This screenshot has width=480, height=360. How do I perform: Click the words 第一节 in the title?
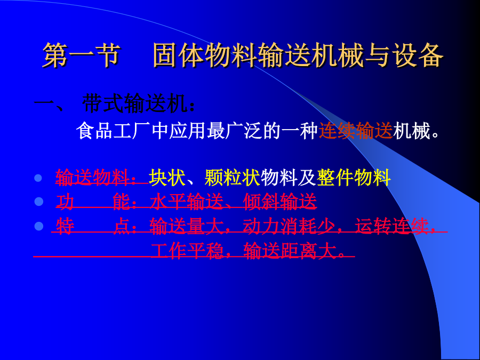point(81,55)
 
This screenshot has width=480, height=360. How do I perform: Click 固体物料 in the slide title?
point(204,55)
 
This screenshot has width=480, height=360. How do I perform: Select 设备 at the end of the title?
point(417,55)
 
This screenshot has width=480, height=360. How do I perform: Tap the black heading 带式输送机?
point(135,104)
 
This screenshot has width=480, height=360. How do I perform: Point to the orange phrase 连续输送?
point(356,131)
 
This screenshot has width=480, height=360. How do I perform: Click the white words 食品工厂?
point(113,131)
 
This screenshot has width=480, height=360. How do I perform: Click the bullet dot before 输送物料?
point(38,178)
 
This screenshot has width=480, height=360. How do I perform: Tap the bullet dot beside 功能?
point(38,202)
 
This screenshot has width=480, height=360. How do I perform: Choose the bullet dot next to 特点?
point(38,226)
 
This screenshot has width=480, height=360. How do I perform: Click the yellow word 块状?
point(167,178)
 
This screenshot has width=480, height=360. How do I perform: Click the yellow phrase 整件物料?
point(354,178)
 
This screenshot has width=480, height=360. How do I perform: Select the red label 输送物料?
point(92,178)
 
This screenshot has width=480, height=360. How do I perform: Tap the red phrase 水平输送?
point(186,202)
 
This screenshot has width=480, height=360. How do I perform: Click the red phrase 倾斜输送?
point(279,202)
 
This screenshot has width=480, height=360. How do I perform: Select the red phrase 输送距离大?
point(289,251)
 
